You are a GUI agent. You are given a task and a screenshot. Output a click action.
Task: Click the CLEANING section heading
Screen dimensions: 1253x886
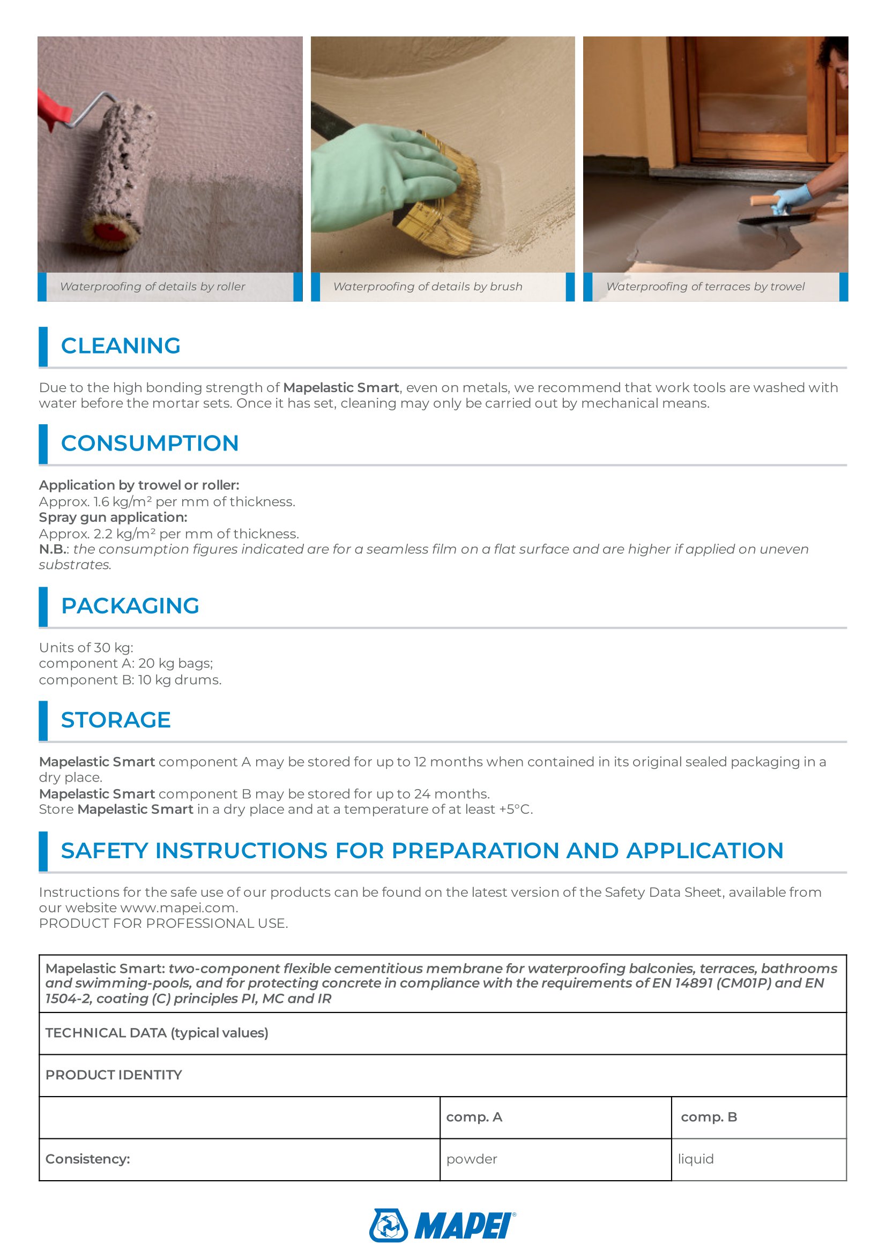(120, 346)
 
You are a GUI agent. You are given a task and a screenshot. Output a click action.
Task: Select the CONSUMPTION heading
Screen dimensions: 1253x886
(150, 443)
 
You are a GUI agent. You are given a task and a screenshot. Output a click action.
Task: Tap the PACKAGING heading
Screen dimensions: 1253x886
(130, 606)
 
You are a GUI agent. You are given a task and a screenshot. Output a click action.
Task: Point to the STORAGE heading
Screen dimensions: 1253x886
(116, 720)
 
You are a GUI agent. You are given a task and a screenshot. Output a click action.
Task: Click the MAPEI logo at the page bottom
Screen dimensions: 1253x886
(442, 1225)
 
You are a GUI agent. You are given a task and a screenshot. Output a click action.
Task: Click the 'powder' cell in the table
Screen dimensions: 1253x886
(472, 1159)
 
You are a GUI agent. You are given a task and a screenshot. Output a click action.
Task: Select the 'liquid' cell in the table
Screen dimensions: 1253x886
(696, 1159)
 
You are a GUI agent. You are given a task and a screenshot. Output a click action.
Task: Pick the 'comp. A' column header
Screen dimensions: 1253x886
(474, 1116)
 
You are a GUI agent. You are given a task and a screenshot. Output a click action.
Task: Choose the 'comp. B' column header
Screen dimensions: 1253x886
(709, 1116)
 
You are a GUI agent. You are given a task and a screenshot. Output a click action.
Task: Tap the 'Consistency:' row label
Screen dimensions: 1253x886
(88, 1159)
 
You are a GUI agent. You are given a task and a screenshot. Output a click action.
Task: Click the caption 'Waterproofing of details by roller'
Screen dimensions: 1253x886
(152, 287)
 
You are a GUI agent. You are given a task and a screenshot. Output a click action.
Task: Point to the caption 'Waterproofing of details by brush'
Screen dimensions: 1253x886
(427, 287)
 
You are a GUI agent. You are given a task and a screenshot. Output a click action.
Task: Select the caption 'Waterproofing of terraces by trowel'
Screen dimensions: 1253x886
(705, 287)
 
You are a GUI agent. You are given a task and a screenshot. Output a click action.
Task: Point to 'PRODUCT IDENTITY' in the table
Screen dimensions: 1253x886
(114, 1075)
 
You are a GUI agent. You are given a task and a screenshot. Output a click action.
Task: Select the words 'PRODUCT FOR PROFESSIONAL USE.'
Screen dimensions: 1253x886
(163, 923)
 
